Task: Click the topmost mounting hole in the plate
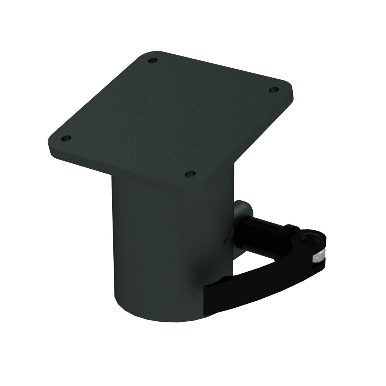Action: point(153,60)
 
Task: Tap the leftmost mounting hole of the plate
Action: point(66,138)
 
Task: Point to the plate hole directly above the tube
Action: point(190,174)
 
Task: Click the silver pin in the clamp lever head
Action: point(318,257)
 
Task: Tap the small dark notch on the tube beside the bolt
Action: point(225,242)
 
